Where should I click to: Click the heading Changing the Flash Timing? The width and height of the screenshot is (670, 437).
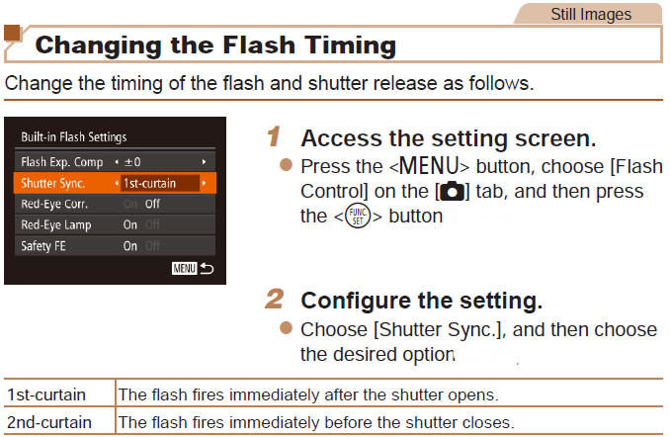coord(215,44)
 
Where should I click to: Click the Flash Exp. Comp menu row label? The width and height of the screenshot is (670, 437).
coord(61,160)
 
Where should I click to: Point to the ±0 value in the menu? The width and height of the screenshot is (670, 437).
coord(132,160)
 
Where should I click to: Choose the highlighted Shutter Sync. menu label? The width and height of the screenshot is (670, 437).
coord(53,183)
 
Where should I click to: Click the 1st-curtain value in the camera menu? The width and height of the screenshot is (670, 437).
coord(149,183)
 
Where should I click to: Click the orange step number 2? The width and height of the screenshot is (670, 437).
coord(276,299)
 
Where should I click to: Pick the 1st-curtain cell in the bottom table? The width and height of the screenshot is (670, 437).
coord(36,394)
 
